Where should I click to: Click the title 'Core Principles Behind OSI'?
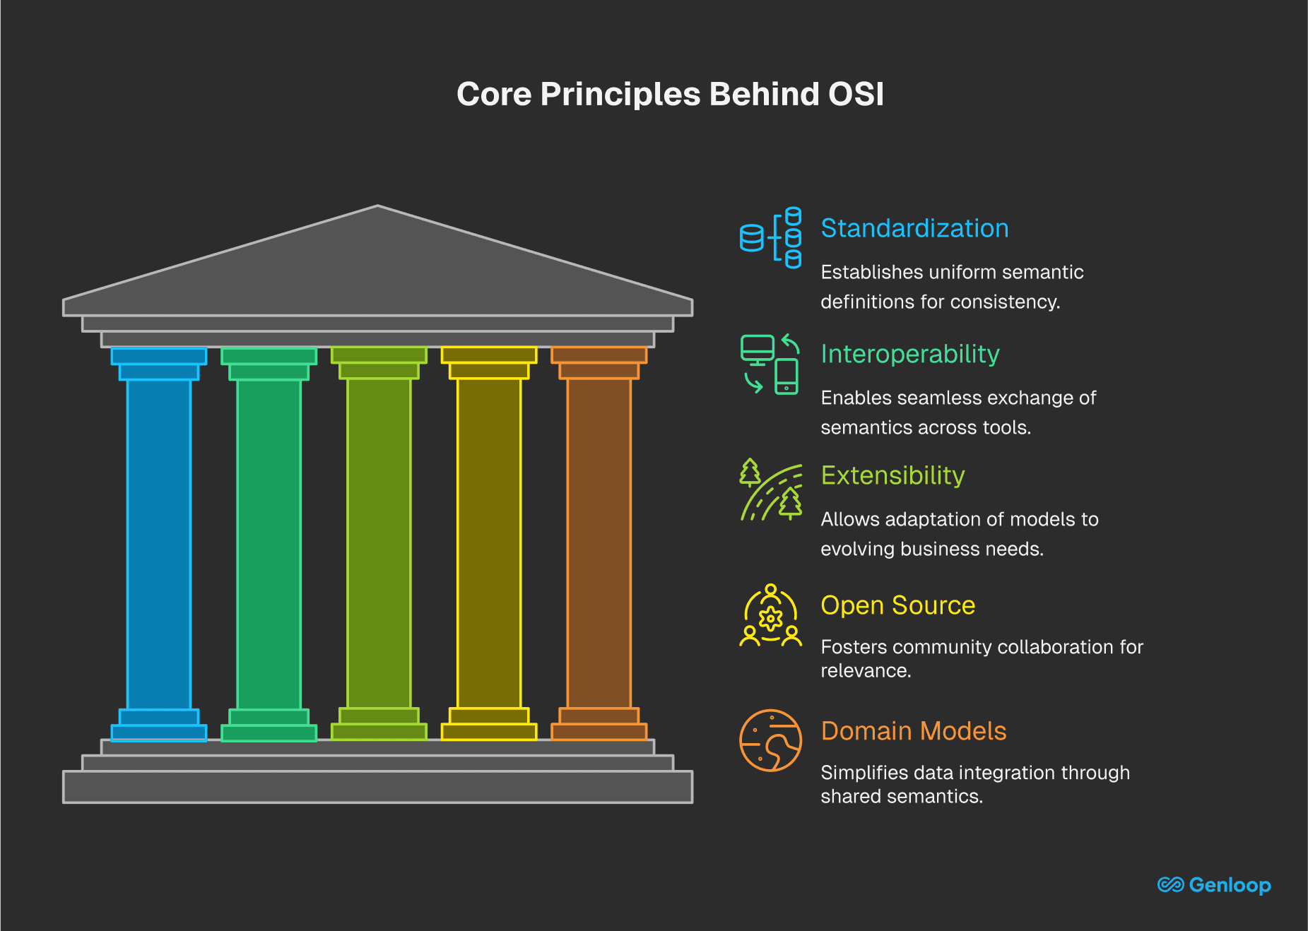(670, 94)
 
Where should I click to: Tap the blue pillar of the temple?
(159, 544)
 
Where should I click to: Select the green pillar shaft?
(269, 544)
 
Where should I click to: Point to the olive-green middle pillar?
(379, 544)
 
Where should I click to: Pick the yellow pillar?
(489, 544)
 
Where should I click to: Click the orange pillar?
(599, 544)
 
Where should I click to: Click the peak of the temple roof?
(377, 208)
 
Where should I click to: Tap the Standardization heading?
(914, 228)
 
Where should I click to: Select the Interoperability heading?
(910, 354)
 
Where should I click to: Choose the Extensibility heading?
(892, 475)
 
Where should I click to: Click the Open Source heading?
(897, 605)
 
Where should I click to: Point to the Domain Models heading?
(913, 731)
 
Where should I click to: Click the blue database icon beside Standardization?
(770, 238)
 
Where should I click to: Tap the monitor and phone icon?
(770, 364)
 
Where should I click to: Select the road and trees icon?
(770, 489)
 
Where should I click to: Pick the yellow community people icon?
(770, 615)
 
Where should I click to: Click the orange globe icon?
(770, 740)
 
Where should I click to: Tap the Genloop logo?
(1214, 884)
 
